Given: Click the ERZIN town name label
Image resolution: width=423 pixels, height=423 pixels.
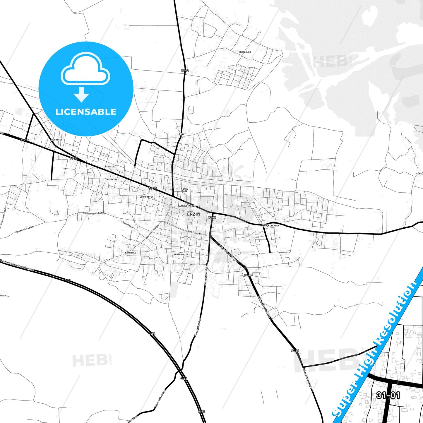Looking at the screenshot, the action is click(x=193, y=214).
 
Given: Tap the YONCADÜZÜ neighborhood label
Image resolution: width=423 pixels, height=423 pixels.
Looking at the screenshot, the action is click(x=245, y=52).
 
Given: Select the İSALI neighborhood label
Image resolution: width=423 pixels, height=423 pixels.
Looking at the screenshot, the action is click(x=182, y=134).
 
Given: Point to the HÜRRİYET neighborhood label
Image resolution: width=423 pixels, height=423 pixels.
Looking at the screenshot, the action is click(x=56, y=140).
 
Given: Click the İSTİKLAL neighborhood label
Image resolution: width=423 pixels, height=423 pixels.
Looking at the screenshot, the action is click(x=110, y=167).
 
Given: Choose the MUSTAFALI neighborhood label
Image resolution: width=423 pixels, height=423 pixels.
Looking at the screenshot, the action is click(x=113, y=179).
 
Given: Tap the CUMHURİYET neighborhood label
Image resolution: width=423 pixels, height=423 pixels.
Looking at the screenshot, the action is click(x=146, y=197).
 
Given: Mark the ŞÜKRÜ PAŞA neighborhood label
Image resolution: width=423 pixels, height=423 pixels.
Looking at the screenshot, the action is click(x=184, y=190).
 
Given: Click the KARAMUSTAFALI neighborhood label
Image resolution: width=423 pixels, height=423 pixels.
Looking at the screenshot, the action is click(x=186, y=206).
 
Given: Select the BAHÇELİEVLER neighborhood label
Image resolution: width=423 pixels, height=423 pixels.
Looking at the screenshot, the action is click(x=271, y=226).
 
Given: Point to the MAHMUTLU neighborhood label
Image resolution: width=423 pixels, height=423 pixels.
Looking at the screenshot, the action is click(x=131, y=253).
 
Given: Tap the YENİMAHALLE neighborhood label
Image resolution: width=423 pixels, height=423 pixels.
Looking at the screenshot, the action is click(x=181, y=254).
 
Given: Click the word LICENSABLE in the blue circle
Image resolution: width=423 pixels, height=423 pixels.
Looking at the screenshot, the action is click(x=86, y=112).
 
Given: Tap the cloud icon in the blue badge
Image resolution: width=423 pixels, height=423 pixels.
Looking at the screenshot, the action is click(x=85, y=69).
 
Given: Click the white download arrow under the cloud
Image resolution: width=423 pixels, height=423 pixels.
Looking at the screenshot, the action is click(x=81, y=94).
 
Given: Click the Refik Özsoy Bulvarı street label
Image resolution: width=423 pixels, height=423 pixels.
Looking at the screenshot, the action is click(x=197, y=233).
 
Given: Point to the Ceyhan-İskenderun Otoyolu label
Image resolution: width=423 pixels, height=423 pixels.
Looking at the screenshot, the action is click(x=18, y=265).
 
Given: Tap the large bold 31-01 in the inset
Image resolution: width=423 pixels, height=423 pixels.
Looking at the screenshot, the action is click(x=388, y=395).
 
